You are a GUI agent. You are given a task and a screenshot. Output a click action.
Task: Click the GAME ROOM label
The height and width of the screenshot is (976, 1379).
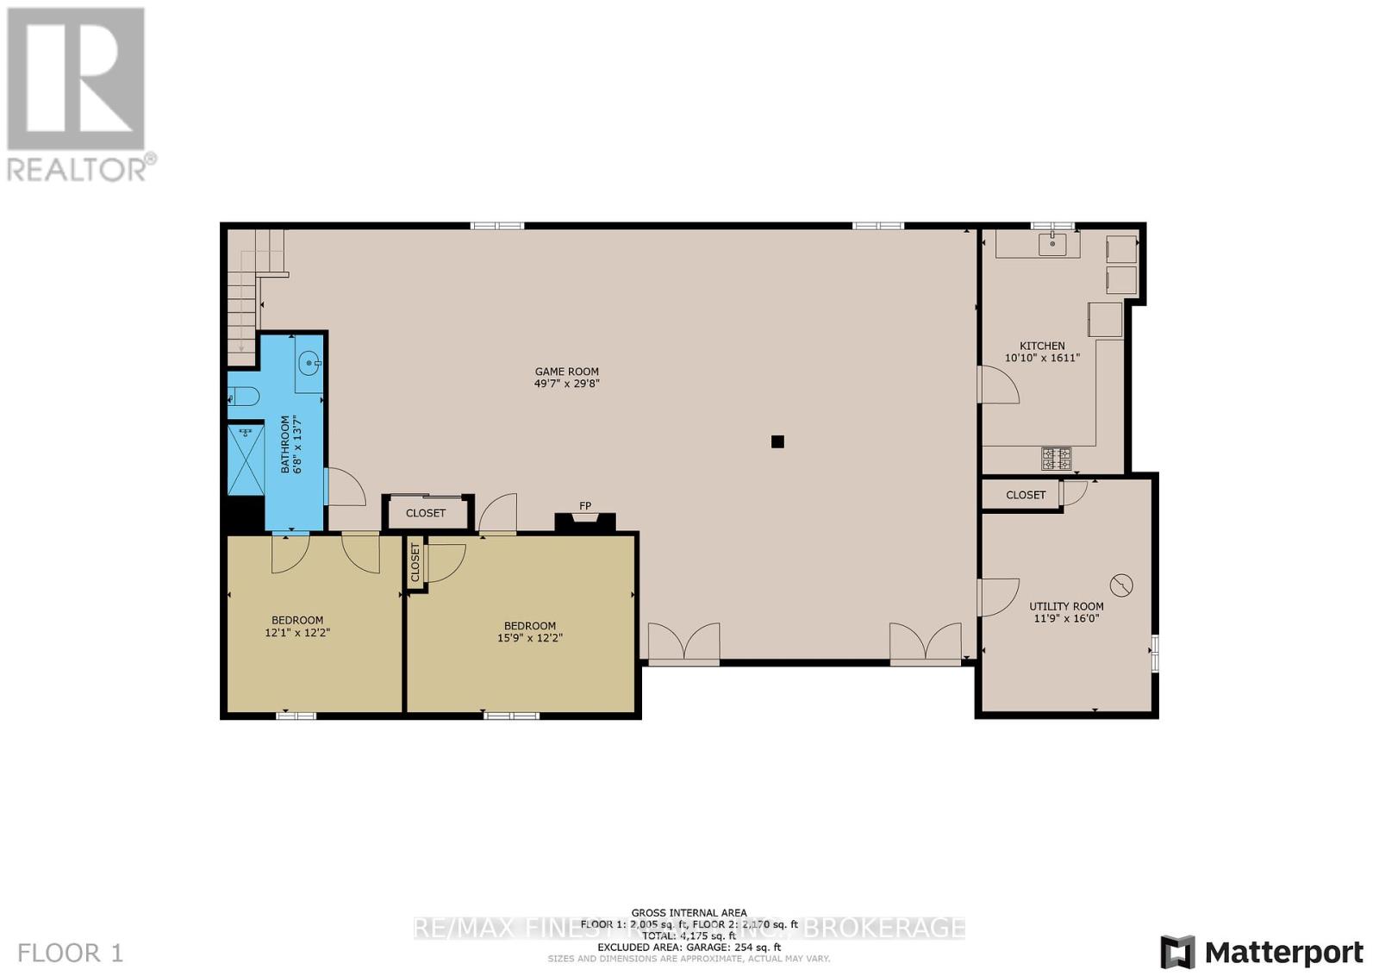tap(566, 372)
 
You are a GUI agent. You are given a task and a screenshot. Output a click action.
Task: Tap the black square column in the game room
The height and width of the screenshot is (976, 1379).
tap(777, 441)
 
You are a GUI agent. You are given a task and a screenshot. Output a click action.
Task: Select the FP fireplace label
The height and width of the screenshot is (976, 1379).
tap(585, 506)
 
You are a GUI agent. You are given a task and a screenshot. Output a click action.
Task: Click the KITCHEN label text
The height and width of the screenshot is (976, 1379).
tap(1042, 346)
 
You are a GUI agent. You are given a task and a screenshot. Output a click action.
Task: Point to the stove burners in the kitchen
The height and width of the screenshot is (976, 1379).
tap(1056, 458)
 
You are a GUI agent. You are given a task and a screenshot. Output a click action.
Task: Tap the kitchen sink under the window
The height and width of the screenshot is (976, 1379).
tap(1052, 244)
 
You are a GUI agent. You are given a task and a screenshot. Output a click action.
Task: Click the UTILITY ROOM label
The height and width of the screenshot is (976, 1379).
tap(1066, 606)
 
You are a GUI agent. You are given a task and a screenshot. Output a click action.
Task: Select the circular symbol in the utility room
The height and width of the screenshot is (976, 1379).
tap(1120, 585)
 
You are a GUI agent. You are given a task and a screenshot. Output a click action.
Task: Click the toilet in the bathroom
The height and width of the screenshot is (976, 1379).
tap(243, 397)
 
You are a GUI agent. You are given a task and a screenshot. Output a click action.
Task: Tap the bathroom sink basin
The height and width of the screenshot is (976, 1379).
tap(309, 365)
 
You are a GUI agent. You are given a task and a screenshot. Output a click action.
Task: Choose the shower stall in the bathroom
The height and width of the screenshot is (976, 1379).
tap(246, 460)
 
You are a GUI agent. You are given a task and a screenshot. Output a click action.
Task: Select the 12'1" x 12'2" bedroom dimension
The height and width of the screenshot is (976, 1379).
tap(297, 632)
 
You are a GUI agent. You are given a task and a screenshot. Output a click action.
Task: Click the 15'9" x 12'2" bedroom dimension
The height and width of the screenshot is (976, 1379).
tap(529, 638)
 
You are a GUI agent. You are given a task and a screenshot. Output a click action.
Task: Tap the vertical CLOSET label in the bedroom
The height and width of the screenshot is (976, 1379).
tap(415, 562)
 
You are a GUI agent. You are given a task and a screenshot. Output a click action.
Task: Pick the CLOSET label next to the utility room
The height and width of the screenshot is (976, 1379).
tap(1026, 495)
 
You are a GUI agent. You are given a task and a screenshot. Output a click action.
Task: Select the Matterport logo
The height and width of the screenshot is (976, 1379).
tap(1262, 952)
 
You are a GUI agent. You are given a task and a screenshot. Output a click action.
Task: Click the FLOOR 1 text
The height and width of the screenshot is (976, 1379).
tap(71, 953)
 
